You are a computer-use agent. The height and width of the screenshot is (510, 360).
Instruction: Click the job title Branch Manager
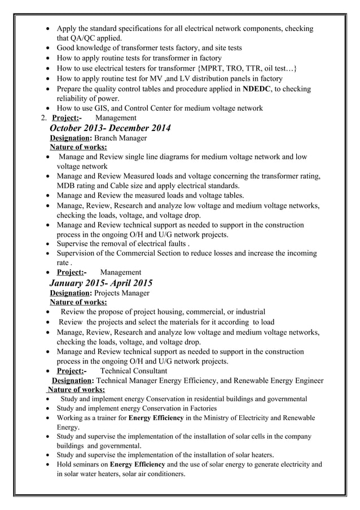[x=120, y=138]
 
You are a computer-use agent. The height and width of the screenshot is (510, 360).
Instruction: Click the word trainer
[x=104, y=418]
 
